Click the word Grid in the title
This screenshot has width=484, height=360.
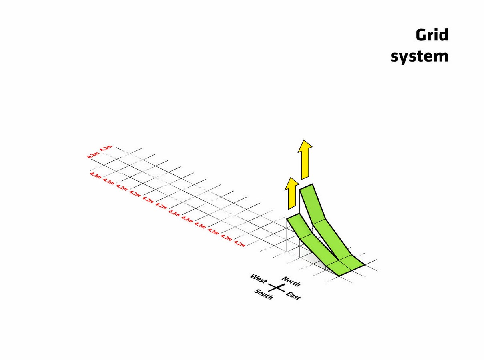pyautogui.click(x=432, y=35)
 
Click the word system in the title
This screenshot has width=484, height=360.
pyautogui.click(x=419, y=57)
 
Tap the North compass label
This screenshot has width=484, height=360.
pyautogui.click(x=291, y=282)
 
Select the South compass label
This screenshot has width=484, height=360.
pyautogui.click(x=263, y=294)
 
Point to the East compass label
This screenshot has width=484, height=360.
pyautogui.click(x=293, y=296)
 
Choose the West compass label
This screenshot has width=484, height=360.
pyautogui.click(x=258, y=278)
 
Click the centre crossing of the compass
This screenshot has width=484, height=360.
pyautogui.click(x=277, y=288)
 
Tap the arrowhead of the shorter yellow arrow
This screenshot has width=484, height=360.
pyautogui.click(x=292, y=183)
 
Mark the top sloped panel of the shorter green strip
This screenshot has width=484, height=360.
pyautogui.click(x=299, y=226)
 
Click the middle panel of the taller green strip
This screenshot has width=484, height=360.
pyautogui.click(x=332, y=239)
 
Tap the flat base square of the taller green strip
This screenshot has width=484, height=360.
pyautogui.click(x=351, y=262)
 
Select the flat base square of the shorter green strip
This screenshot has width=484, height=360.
pyautogui.click(x=339, y=268)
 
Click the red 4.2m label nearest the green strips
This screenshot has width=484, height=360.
pyautogui.click(x=239, y=244)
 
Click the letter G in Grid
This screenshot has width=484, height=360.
pyautogui.click(x=421, y=35)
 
